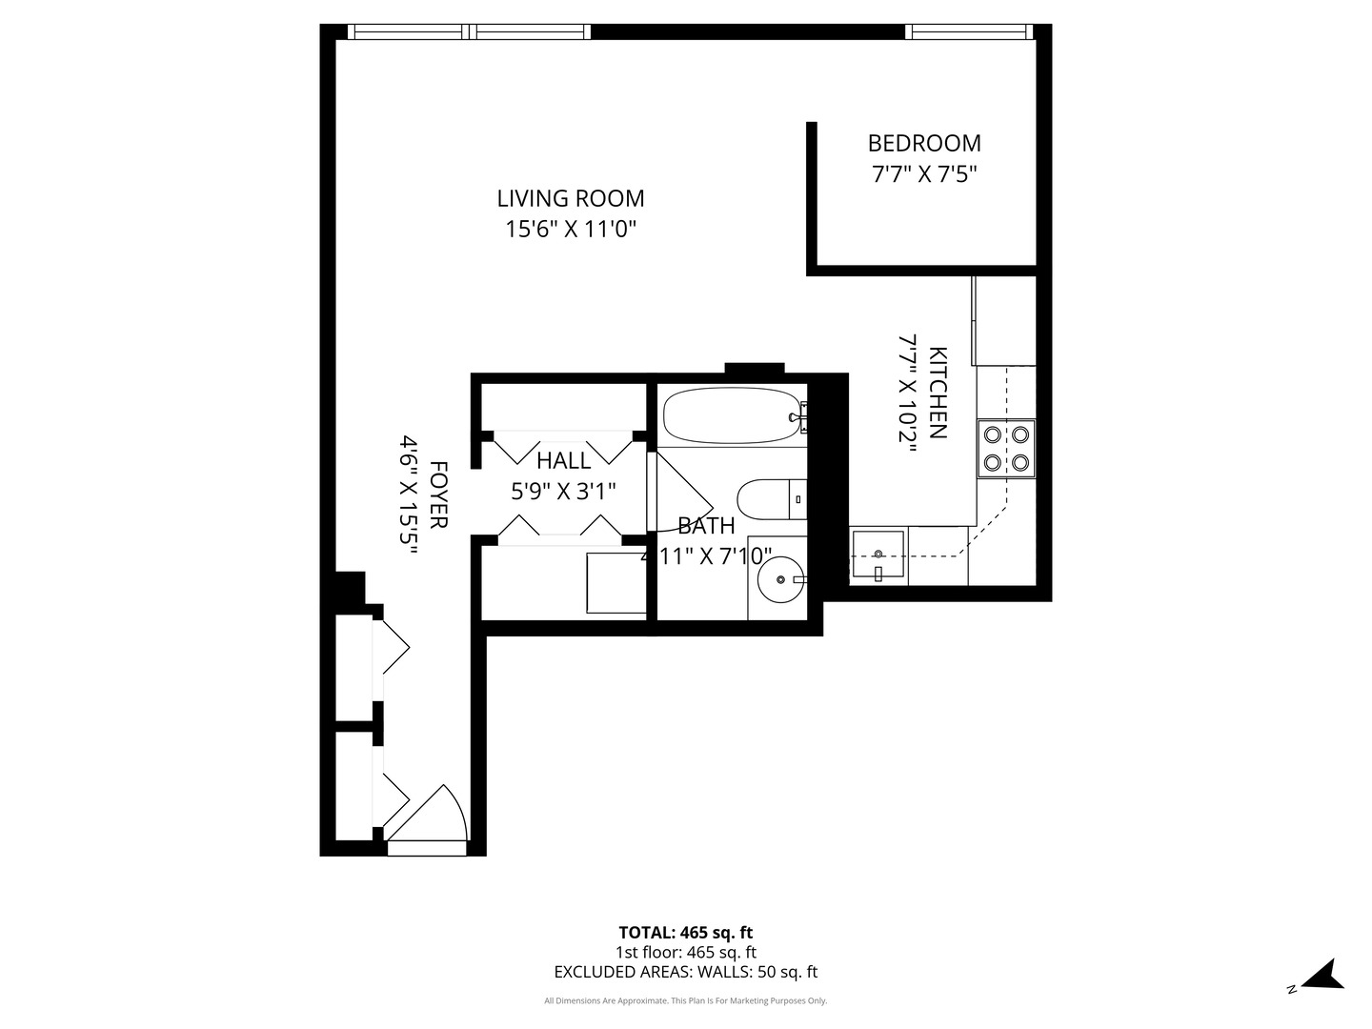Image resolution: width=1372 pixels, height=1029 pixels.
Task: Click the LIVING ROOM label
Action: (x=570, y=198)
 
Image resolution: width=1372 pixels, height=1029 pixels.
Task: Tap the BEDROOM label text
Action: (x=923, y=143)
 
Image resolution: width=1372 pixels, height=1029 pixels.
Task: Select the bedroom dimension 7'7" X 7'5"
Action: (x=923, y=174)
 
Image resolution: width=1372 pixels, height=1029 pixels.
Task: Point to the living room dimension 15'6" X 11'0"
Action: (x=570, y=230)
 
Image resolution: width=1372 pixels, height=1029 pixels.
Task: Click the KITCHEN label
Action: (x=938, y=393)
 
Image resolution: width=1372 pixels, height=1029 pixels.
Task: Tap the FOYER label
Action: (x=438, y=495)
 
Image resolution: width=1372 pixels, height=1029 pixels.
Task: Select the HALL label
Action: (x=563, y=461)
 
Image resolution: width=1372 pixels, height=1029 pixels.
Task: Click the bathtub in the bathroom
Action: (x=731, y=416)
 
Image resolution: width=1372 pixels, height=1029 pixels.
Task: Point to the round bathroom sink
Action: (x=780, y=578)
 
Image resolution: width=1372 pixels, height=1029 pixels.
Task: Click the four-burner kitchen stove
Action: (x=1006, y=448)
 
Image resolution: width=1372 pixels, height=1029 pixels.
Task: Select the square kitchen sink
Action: (x=878, y=556)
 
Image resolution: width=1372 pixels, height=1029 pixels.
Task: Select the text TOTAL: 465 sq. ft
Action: (x=685, y=933)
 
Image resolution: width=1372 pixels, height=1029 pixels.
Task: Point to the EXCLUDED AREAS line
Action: (x=685, y=972)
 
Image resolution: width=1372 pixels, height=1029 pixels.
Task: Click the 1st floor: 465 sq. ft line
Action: (x=685, y=952)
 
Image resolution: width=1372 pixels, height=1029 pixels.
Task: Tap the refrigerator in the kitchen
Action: (x=1003, y=320)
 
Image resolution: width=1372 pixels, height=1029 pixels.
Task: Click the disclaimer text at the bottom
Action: (x=685, y=1000)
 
